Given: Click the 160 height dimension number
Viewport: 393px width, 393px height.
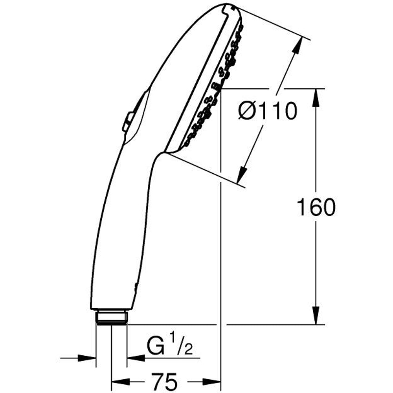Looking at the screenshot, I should click(x=316, y=207).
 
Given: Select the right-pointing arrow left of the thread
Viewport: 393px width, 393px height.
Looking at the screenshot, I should click(x=88, y=358).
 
